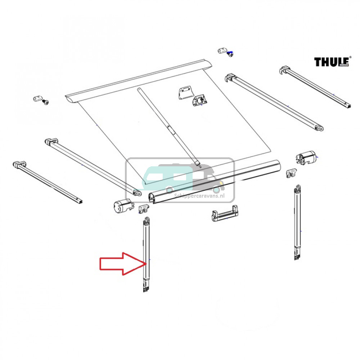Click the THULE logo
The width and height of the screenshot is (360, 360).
coord(332,62)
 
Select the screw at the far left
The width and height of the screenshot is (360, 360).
coord(45,102)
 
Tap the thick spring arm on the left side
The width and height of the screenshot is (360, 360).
coord(92,166)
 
